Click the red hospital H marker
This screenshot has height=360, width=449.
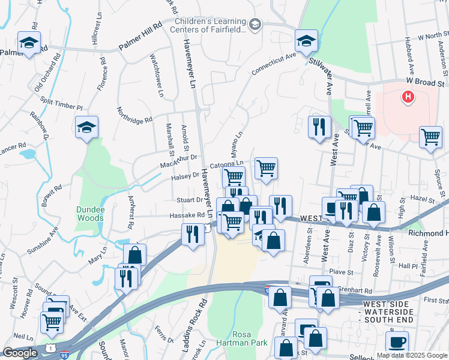coord(408,96)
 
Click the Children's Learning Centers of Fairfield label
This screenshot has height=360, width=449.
coord(210,24)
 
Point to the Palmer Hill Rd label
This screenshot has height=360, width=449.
coord(140,35)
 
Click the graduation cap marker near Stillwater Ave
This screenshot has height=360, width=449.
coord(306,41)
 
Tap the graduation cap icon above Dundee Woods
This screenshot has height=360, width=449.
coord(87,127)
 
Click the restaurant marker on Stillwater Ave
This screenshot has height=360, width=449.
coord(319,127)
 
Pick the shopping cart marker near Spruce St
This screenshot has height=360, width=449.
coord(430,137)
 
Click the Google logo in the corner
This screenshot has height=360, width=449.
coord(20,353)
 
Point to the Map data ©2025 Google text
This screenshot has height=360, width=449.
coord(411,355)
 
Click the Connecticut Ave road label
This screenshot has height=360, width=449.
coord(274,64)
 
